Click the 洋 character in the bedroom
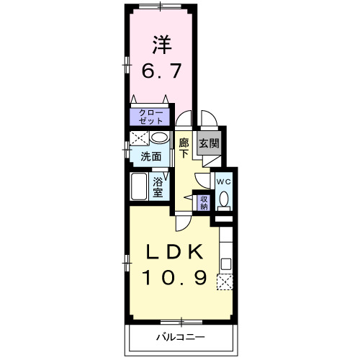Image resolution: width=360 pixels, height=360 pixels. (161, 45)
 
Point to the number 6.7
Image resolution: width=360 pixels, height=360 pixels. (161, 72)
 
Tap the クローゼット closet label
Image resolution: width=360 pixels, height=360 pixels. (150, 117)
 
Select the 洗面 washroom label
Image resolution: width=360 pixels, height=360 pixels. (150, 156)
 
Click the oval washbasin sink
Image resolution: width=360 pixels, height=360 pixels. (160, 139)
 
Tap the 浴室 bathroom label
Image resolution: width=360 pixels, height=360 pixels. (158, 187)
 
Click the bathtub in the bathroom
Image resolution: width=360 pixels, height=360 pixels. (140, 188)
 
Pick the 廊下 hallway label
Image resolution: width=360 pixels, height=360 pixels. (184, 148)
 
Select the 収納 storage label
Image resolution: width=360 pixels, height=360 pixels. (203, 202)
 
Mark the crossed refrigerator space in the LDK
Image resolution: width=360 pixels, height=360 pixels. (225, 282)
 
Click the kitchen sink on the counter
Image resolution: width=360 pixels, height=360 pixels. (225, 263)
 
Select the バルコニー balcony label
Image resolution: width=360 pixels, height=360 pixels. (181, 337)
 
